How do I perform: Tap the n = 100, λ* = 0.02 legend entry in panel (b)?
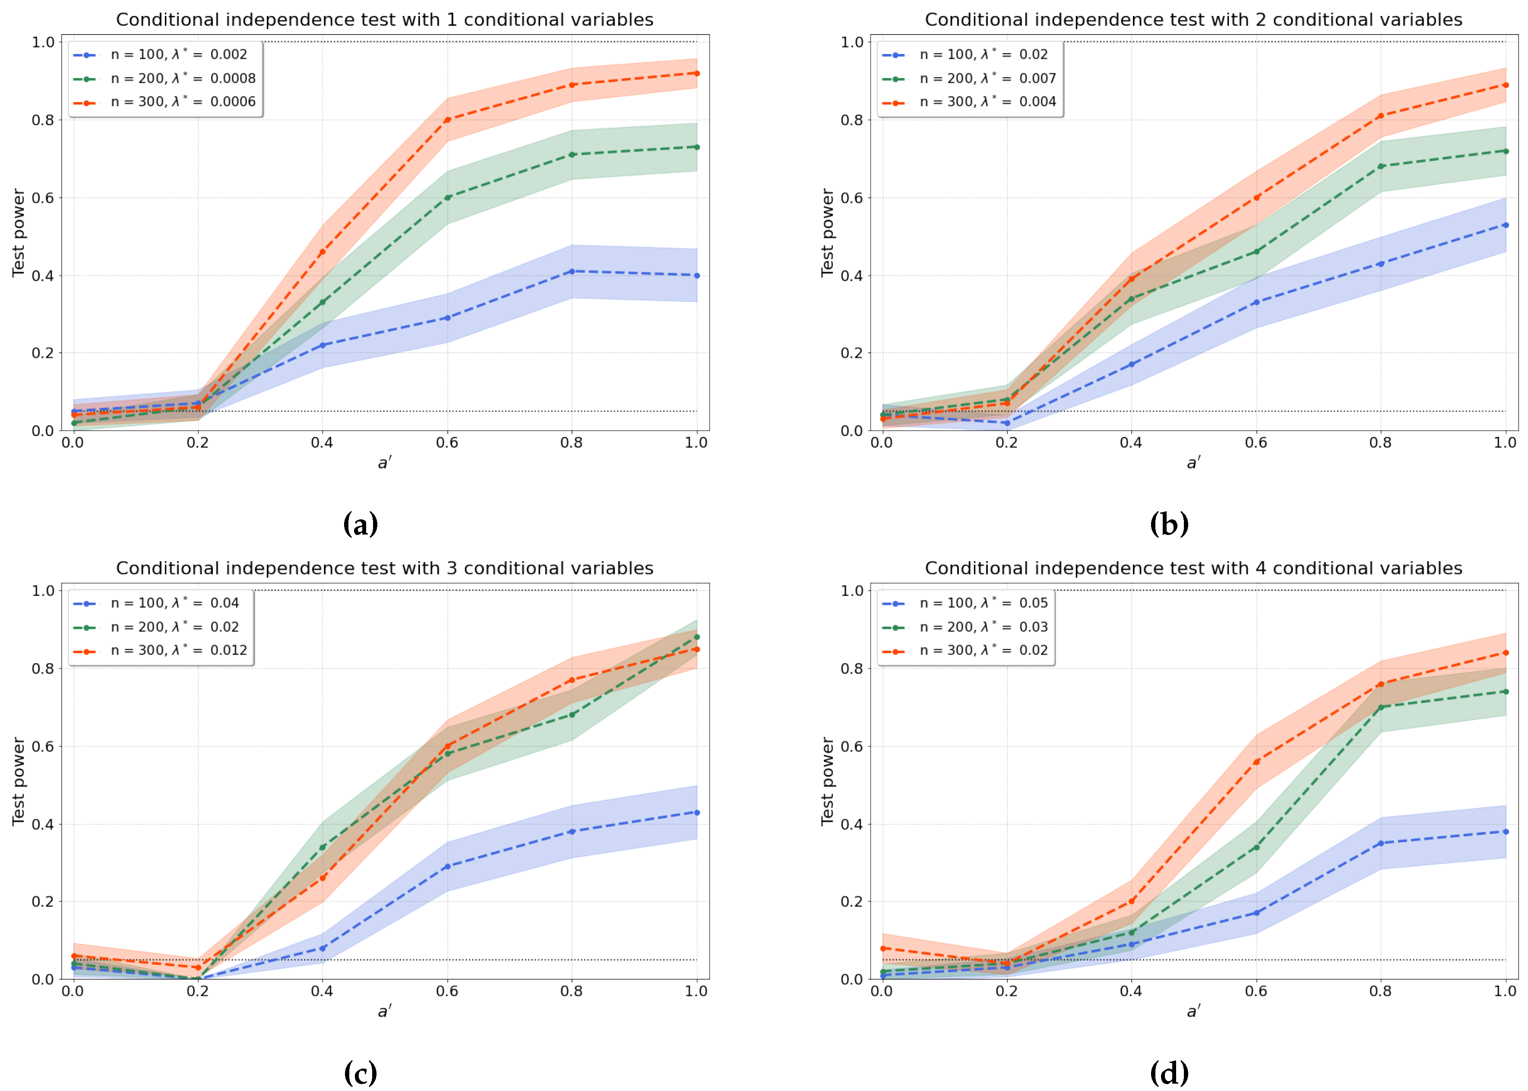[x=983, y=54]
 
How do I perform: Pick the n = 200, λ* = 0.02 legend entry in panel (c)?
[x=174, y=627]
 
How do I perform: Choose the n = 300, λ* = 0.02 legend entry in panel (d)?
[x=983, y=650]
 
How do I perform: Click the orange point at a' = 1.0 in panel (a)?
[x=696, y=73]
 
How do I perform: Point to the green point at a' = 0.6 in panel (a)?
[x=447, y=197]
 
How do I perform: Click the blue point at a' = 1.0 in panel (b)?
[x=1505, y=225]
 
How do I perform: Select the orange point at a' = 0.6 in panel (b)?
[x=1256, y=197]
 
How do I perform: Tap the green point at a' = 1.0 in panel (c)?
[x=696, y=637]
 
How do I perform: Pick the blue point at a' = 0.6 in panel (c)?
[x=447, y=866]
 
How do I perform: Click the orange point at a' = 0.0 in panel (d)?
[x=883, y=949]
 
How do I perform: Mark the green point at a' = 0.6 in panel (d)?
[x=1256, y=847]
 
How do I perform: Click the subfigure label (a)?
[x=361, y=524]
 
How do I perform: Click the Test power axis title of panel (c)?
[x=18, y=781]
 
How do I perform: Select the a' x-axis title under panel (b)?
[x=1193, y=462]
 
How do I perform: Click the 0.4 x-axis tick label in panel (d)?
[x=1131, y=991]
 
